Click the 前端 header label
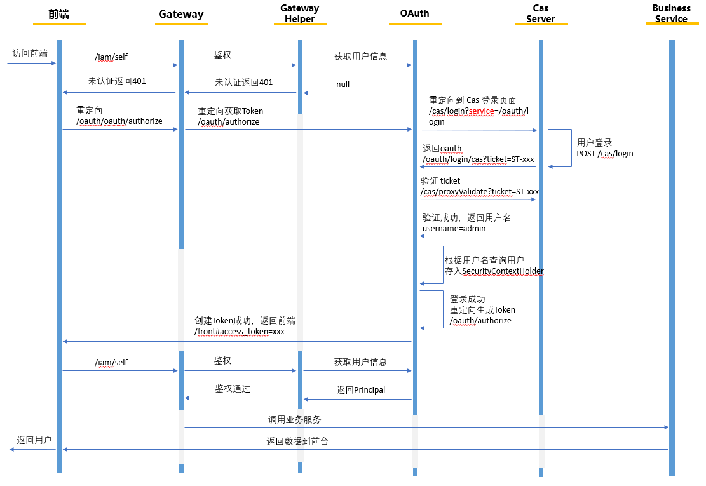point(59,14)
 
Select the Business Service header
point(671,13)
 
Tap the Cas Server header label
point(541,13)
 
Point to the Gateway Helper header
point(300,13)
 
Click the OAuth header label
point(415,14)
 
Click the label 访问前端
point(30,53)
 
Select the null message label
point(343,84)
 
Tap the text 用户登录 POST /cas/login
point(604,148)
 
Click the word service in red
point(481,111)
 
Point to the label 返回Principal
point(361,389)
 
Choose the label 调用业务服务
point(295,420)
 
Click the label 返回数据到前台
point(297,441)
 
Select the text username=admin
point(454,228)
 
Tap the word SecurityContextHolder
point(503,271)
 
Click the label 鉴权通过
point(233,389)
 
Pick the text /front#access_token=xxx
point(240,332)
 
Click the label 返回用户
point(34,440)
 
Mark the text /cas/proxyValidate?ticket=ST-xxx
point(480,191)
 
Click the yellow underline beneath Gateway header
point(181,24)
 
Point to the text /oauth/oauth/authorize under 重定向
point(119,121)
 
